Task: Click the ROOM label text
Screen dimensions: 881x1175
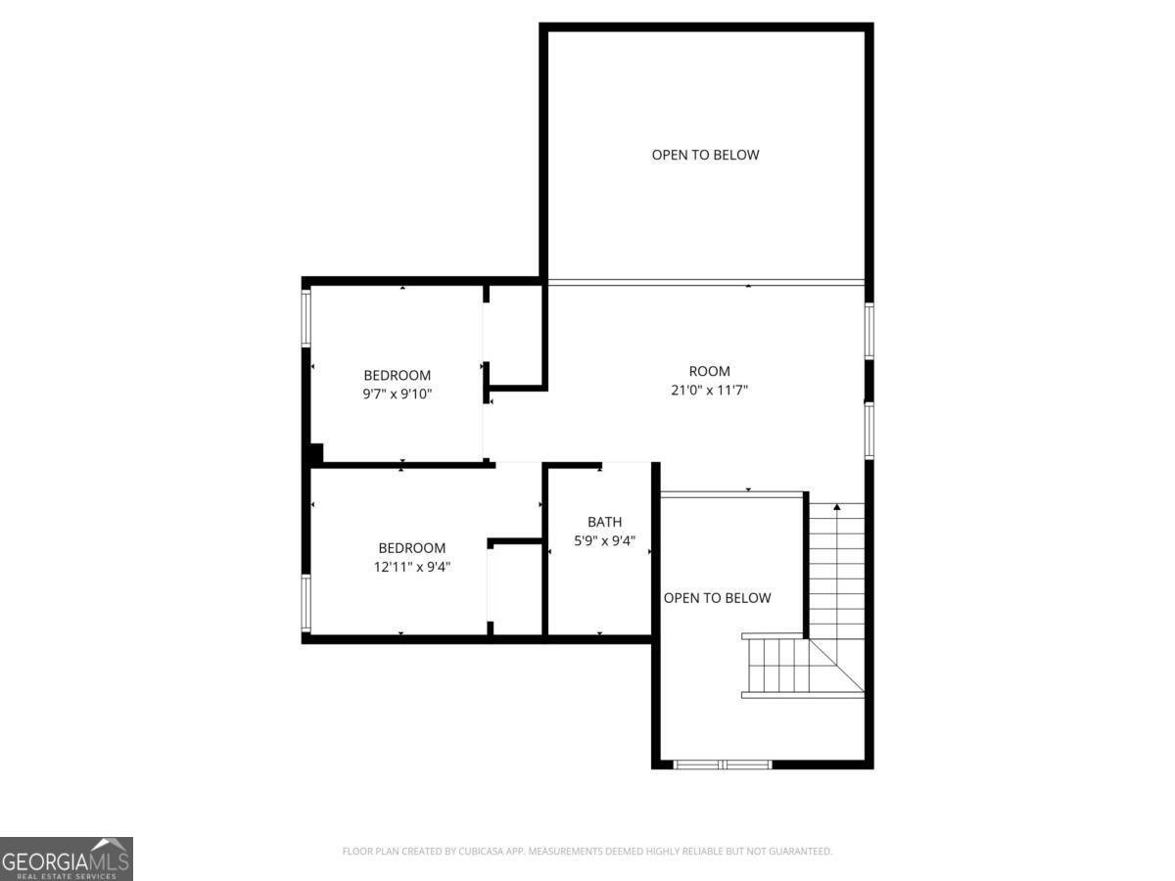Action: point(709,371)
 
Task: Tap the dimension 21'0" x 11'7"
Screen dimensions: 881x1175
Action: point(709,390)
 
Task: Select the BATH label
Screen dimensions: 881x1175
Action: point(604,522)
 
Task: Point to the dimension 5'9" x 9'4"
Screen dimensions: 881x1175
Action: point(604,539)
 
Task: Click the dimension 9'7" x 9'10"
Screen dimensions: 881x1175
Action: point(397,394)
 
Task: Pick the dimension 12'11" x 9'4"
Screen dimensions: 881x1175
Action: point(412,566)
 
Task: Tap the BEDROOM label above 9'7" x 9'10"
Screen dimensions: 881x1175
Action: point(397,375)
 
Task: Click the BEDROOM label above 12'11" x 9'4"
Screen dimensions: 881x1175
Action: point(412,548)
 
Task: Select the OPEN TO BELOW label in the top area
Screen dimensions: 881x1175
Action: point(705,155)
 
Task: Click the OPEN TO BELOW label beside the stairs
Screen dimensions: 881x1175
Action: point(717,598)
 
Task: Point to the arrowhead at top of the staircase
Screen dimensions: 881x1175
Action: point(836,507)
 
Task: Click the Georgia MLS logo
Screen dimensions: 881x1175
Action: point(66,858)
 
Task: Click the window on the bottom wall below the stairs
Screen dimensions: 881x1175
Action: point(723,764)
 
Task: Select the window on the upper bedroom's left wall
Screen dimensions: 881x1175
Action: point(305,316)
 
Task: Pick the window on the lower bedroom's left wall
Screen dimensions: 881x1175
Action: point(305,602)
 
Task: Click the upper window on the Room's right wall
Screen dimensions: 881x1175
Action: point(869,331)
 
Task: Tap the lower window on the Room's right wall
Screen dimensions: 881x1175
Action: point(869,431)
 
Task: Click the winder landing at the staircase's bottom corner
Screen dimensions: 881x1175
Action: point(838,668)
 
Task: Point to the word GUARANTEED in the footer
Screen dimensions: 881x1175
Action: point(796,852)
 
